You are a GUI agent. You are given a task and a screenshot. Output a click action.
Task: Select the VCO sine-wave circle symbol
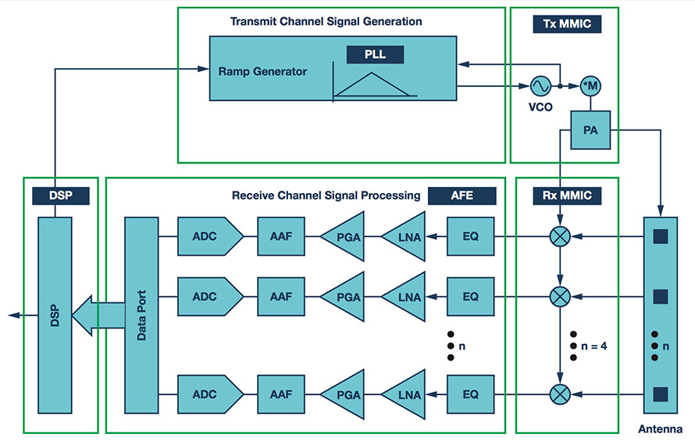(540, 85)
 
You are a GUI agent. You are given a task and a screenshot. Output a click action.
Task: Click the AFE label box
(462, 195)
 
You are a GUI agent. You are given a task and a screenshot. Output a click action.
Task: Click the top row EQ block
(470, 235)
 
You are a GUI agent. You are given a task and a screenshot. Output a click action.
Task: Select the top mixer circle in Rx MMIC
(561, 235)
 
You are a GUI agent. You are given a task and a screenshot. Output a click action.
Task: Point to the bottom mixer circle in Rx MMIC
(561, 393)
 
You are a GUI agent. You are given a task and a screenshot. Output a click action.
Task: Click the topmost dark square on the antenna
(661, 235)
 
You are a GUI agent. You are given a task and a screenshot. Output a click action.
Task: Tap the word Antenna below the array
(660, 429)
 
